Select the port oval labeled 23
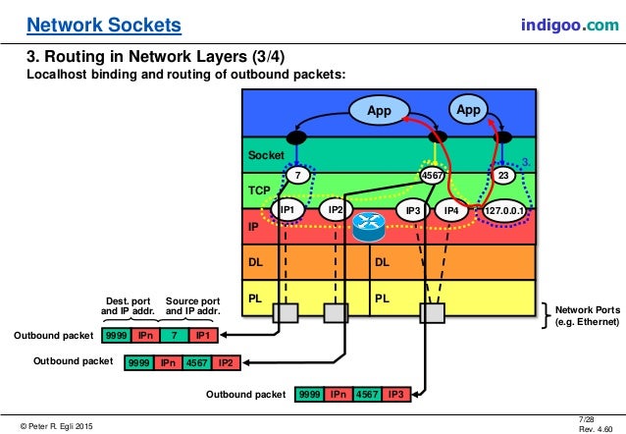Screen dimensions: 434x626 502,177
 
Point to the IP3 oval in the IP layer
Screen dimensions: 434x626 412,209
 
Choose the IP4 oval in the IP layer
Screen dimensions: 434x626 452,209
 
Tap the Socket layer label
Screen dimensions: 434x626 265,155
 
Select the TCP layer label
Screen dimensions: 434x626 259,190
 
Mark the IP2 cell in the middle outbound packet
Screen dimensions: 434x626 225,361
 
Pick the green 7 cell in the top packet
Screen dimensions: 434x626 173,335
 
